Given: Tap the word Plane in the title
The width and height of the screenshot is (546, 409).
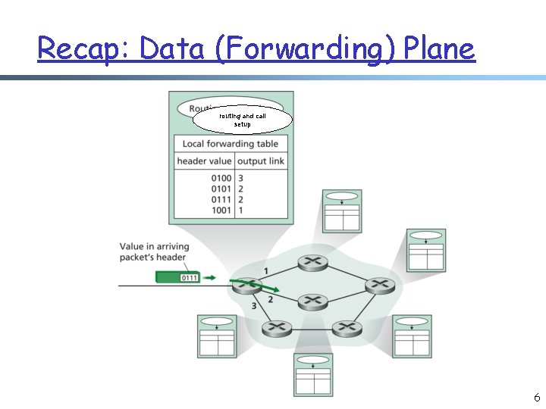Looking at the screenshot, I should [x=439, y=49].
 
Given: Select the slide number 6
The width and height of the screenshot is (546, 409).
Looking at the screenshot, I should [x=536, y=397].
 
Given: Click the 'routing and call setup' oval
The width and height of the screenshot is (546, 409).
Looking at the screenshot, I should [x=242, y=120].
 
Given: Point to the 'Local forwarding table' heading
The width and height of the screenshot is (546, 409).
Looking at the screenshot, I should [x=231, y=144].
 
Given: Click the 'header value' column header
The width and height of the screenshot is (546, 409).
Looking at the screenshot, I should [x=204, y=161].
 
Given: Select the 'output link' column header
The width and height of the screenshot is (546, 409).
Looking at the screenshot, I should [x=261, y=161].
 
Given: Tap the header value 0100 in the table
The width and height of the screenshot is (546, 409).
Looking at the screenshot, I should [x=221, y=179].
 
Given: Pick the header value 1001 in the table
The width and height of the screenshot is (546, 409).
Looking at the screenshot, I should [x=221, y=210].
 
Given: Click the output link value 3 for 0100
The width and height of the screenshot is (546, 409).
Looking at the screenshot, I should [x=240, y=179].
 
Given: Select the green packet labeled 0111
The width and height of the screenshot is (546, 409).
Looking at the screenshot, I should [x=179, y=278].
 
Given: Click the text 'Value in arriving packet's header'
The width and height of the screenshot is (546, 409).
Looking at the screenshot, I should [x=154, y=251].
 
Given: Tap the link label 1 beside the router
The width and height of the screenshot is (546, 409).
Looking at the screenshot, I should [x=265, y=270].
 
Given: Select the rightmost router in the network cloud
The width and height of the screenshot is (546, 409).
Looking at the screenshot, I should [x=378, y=285].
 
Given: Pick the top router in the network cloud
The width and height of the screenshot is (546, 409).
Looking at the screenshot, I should [x=310, y=262].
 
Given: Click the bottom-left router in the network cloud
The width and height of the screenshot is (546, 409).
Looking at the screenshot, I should [x=276, y=328].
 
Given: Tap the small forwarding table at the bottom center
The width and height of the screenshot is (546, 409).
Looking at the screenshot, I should [x=313, y=374].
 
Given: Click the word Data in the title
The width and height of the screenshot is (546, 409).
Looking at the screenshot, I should [x=170, y=49].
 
